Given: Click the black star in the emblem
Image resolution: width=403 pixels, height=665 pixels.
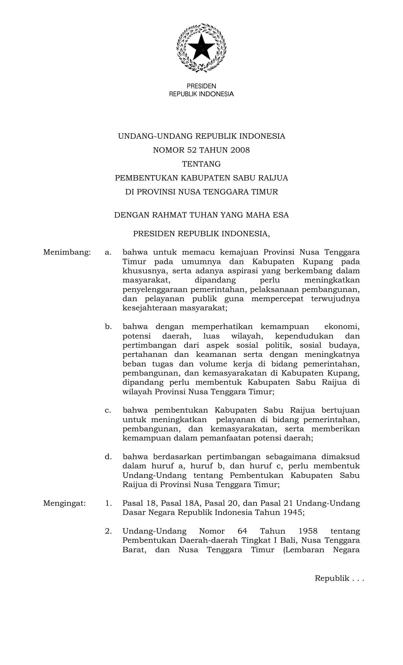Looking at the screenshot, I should click(201, 47).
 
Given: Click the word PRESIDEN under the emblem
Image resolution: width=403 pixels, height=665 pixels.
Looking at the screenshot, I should click(201, 86).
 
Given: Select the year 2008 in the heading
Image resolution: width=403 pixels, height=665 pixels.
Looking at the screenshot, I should click(240, 150).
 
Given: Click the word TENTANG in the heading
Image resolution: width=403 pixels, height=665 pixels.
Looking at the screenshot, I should click(201, 164).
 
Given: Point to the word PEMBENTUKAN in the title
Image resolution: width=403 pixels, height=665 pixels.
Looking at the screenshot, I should click(146, 178).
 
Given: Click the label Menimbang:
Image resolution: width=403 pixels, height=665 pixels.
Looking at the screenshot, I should click(67, 252).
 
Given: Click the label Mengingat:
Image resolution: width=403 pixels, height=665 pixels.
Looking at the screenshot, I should click(64, 503).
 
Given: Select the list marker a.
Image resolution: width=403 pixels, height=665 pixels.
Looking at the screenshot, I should click(108, 252).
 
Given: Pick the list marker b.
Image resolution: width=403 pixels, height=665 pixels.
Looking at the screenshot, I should click(108, 326).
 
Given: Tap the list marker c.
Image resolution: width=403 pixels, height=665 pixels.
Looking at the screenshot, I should click(108, 410).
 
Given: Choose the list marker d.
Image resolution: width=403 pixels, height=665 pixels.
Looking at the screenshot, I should click(108, 457).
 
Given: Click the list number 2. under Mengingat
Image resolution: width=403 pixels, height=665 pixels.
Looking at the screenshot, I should click(108, 531).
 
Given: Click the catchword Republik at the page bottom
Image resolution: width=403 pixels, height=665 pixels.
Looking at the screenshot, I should click(332, 579).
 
